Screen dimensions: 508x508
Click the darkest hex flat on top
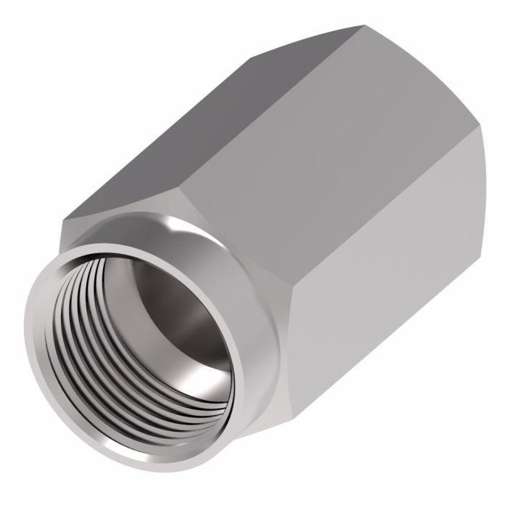(210, 123)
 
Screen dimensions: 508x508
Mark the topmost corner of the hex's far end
(361, 27)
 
